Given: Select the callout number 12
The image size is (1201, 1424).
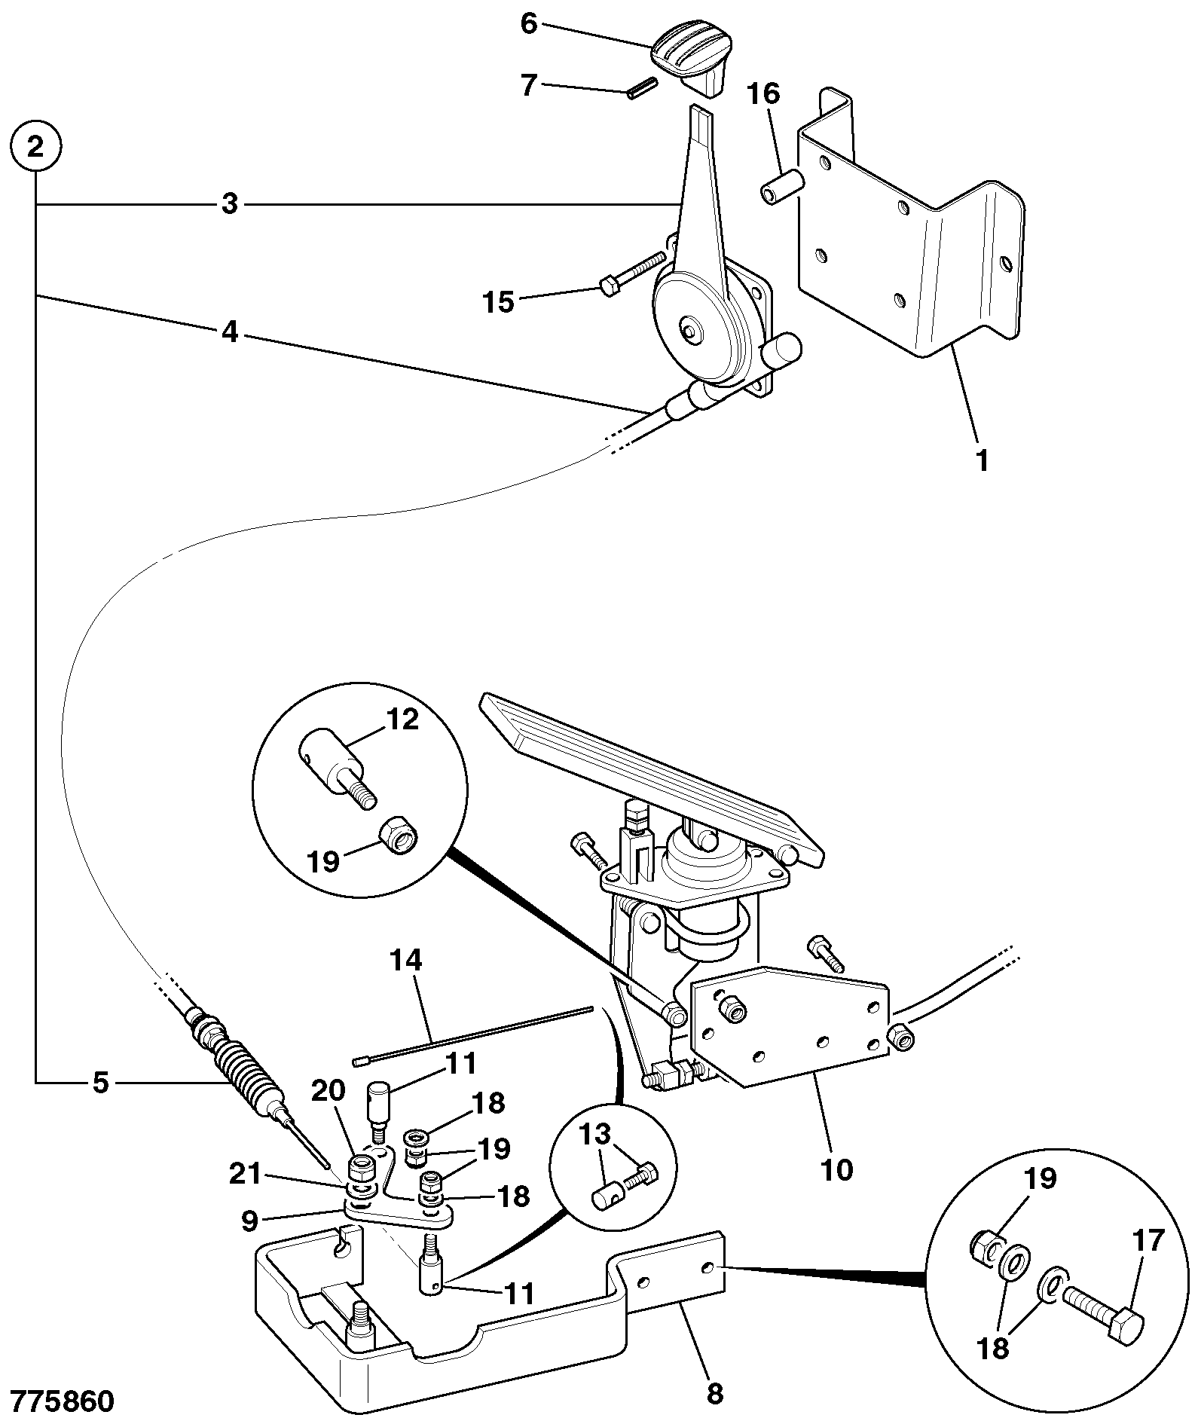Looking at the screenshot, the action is pyautogui.click(x=402, y=720).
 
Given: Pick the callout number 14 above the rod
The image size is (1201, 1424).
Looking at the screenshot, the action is pyautogui.click(x=406, y=961).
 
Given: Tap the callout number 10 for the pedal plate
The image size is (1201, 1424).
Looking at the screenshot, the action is pyautogui.click(x=836, y=1170).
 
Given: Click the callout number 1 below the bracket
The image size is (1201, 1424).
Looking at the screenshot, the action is pyautogui.click(x=982, y=460).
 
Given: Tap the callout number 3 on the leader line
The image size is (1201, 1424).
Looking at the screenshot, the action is pyautogui.click(x=230, y=203).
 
